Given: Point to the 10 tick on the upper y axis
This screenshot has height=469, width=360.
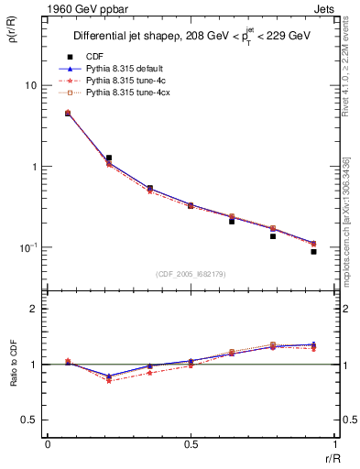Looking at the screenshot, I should pyautogui.click(x=30, y=85).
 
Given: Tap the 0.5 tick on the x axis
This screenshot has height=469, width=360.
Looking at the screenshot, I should pyautogui.click(x=191, y=444).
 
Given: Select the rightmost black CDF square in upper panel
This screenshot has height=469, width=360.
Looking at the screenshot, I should pyautogui.click(x=313, y=251).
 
